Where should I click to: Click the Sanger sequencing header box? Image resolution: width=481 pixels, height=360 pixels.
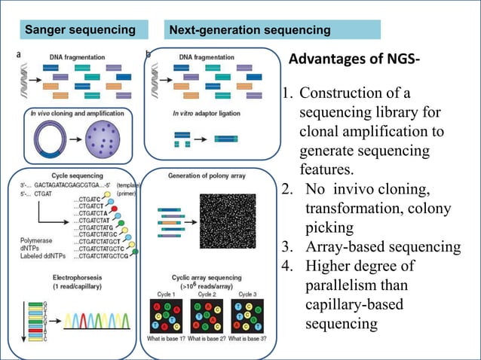tap(80, 30)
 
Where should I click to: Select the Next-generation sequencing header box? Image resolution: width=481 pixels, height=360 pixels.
tap(272, 30)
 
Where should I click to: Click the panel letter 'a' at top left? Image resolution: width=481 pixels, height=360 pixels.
tap(18, 54)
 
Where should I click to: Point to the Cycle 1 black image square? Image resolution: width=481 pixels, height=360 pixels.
tap(165, 317)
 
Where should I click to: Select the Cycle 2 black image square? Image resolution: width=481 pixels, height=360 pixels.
tap(207, 317)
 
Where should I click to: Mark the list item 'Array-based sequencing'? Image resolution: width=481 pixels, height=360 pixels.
tap(381, 246)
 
